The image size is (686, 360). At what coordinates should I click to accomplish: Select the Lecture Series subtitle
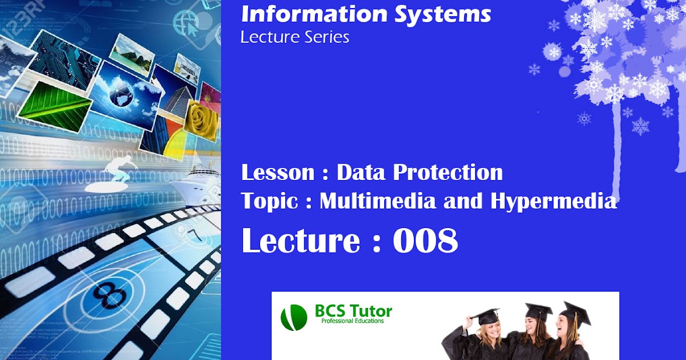[294, 38]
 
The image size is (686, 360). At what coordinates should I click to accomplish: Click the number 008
[425, 241]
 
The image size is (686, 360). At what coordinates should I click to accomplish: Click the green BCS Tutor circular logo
[294, 318]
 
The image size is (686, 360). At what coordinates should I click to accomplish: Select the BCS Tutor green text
[353, 311]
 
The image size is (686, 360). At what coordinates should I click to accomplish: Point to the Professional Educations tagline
[353, 321]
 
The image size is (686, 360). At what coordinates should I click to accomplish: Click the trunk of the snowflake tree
[616, 149]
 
